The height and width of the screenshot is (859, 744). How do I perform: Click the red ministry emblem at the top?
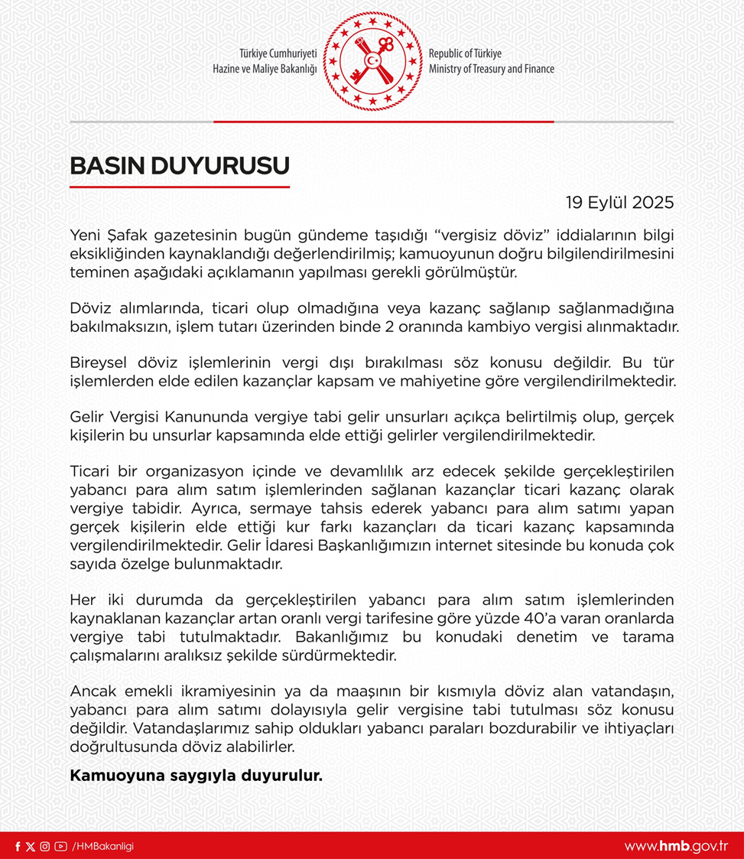[372, 60]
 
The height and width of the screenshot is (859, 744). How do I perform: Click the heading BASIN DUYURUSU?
[180, 166]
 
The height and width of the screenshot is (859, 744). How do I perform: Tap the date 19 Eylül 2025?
[619, 203]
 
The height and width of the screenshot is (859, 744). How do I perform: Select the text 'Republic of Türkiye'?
[465, 54]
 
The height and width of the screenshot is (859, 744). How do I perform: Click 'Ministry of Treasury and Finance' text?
[492, 69]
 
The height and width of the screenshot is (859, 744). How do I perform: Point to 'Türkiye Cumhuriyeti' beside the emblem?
[278, 54]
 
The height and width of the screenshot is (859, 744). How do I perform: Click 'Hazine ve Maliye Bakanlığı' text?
[265, 69]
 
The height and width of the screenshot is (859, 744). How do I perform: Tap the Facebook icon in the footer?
[18, 846]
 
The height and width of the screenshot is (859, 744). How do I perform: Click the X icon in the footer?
[31, 846]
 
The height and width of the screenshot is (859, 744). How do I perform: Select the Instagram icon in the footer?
[44, 846]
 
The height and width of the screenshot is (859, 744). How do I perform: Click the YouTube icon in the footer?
[60, 846]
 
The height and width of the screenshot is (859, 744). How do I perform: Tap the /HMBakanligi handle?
[103, 846]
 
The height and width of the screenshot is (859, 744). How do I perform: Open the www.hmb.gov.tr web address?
[675, 846]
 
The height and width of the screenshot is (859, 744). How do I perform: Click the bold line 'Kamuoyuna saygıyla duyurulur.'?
[196, 776]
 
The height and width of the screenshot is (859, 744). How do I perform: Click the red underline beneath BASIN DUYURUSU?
[180, 187]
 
